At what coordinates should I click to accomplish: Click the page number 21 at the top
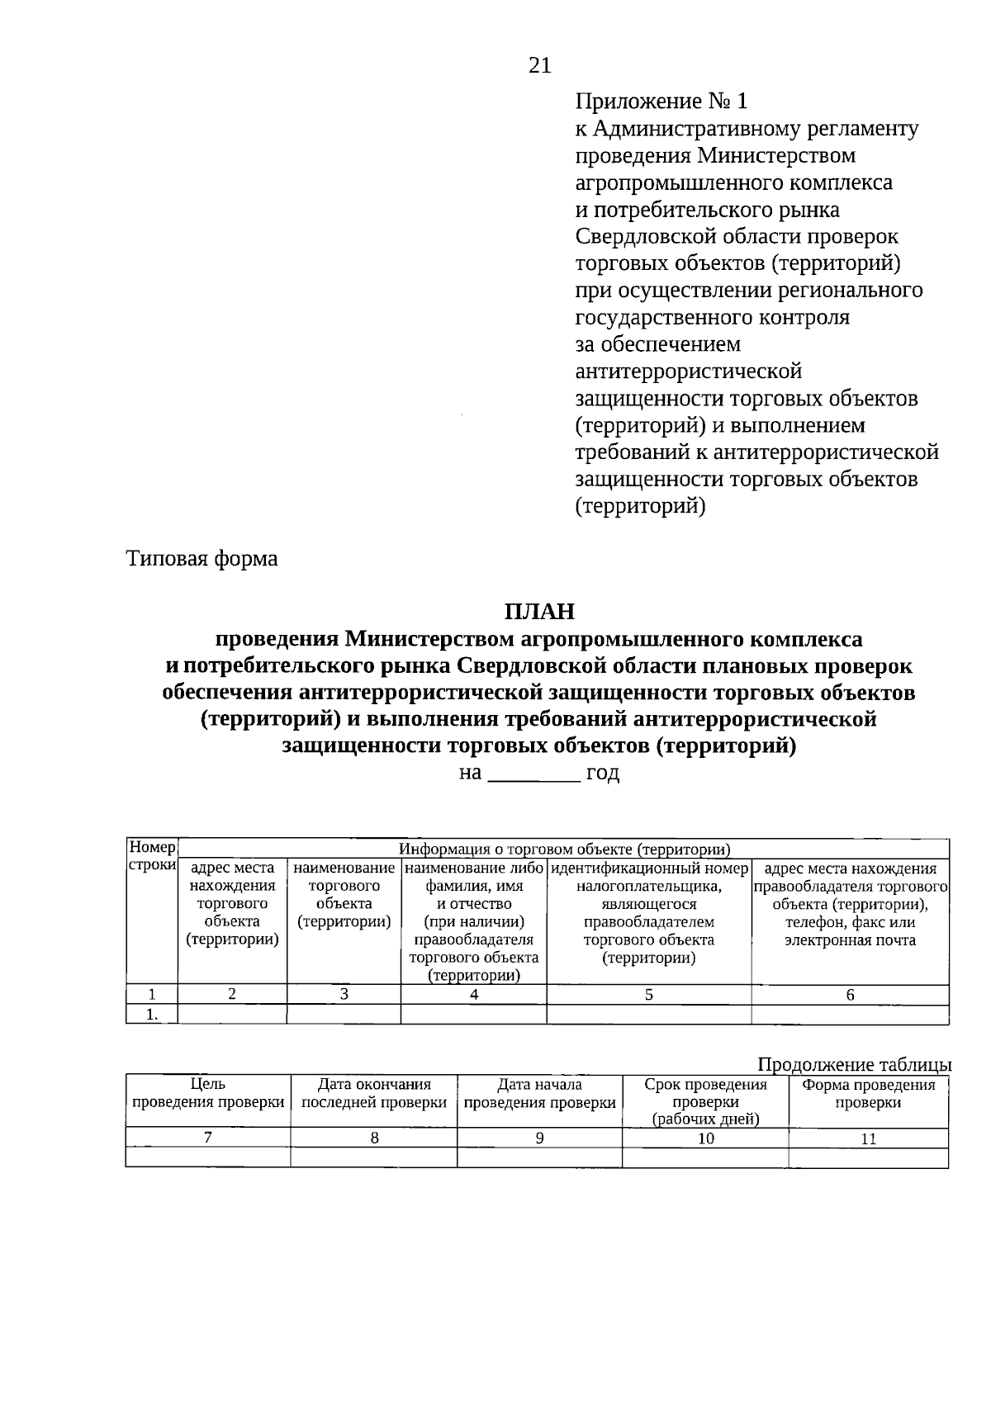[x=539, y=66]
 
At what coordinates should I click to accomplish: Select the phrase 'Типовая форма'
[x=202, y=559]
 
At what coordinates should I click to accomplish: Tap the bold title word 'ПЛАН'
[x=538, y=612]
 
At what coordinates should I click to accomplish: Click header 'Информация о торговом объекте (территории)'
[x=564, y=849]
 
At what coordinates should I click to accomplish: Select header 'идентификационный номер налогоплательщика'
[x=649, y=878]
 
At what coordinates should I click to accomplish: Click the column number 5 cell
[x=649, y=995]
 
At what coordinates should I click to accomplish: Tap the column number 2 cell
[x=232, y=995]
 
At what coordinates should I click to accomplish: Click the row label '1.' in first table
[x=152, y=1015]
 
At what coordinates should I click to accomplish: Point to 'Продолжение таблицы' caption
[x=854, y=1064]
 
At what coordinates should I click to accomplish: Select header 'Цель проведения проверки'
[x=208, y=1093]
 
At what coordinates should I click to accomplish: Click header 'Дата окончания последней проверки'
[x=374, y=1093]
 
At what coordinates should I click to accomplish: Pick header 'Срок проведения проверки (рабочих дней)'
[x=705, y=1101]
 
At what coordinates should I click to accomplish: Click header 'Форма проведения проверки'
[x=868, y=1093]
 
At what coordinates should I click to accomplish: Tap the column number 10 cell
[x=705, y=1138]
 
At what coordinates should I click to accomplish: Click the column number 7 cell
[x=208, y=1138]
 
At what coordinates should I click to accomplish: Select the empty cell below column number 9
[x=539, y=1157]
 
